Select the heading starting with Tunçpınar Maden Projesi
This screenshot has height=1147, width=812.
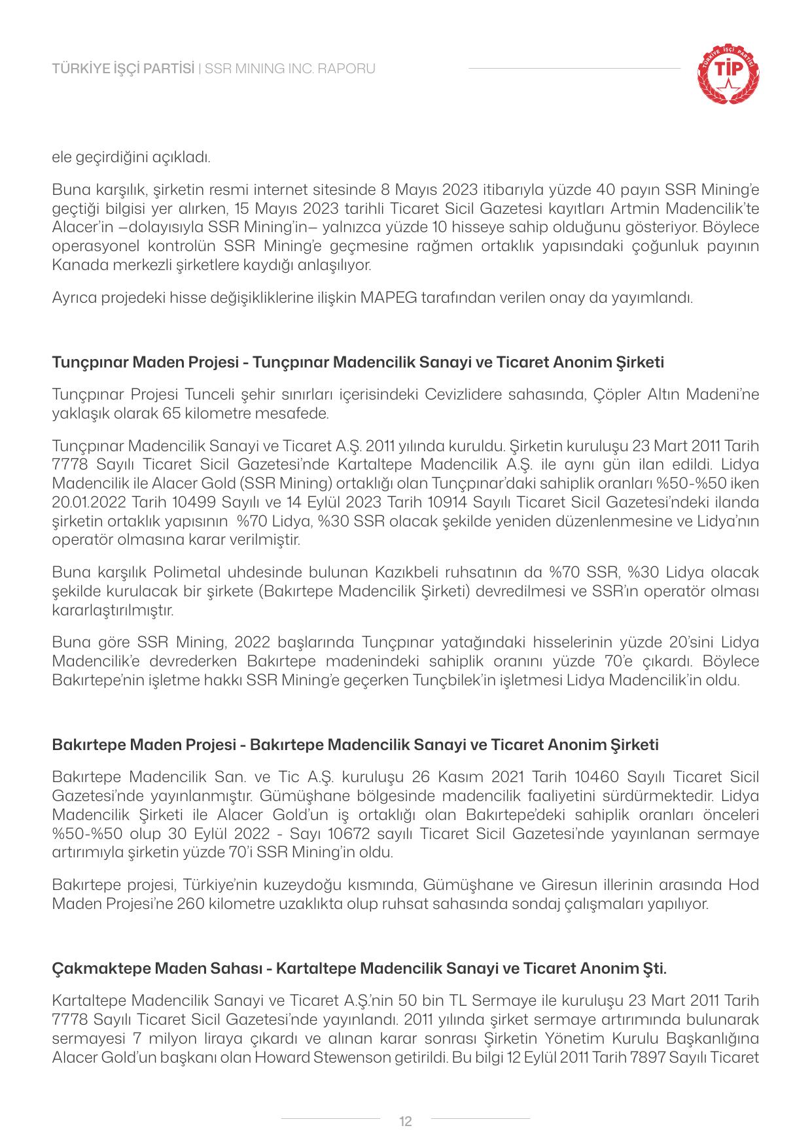[x=358, y=362]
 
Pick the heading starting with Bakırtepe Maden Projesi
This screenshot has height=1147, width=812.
[x=355, y=745]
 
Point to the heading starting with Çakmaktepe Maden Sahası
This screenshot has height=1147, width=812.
[x=359, y=968]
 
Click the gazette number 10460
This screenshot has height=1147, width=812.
[x=596, y=777]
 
